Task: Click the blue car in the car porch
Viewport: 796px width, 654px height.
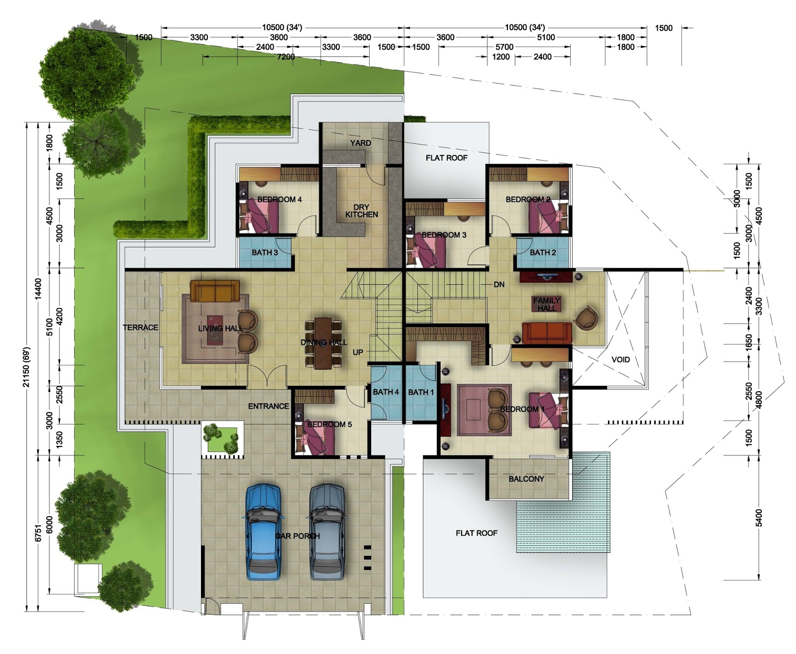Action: pyautogui.click(x=263, y=532)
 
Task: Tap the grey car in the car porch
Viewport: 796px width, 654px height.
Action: pyautogui.click(x=327, y=532)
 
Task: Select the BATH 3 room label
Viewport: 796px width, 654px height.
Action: pyautogui.click(x=265, y=252)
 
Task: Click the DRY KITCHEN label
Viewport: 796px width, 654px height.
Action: pyautogui.click(x=362, y=211)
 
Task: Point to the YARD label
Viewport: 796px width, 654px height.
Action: pyautogui.click(x=360, y=143)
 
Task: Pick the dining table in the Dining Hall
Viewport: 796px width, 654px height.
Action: pyautogui.click(x=323, y=343)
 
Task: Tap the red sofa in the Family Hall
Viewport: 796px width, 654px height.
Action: pyautogui.click(x=546, y=332)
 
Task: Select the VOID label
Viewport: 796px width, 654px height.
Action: pyautogui.click(x=620, y=359)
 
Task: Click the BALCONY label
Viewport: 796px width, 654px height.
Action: pyautogui.click(x=526, y=479)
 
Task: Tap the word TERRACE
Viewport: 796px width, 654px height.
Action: pyautogui.click(x=140, y=327)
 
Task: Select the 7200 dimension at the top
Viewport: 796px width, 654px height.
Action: pyautogui.click(x=286, y=57)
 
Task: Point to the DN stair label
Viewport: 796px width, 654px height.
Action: pyautogui.click(x=499, y=284)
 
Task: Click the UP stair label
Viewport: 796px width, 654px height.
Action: pyautogui.click(x=358, y=352)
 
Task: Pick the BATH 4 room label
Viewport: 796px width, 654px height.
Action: pyautogui.click(x=386, y=392)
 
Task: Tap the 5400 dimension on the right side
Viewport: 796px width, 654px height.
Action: pyautogui.click(x=758, y=518)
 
